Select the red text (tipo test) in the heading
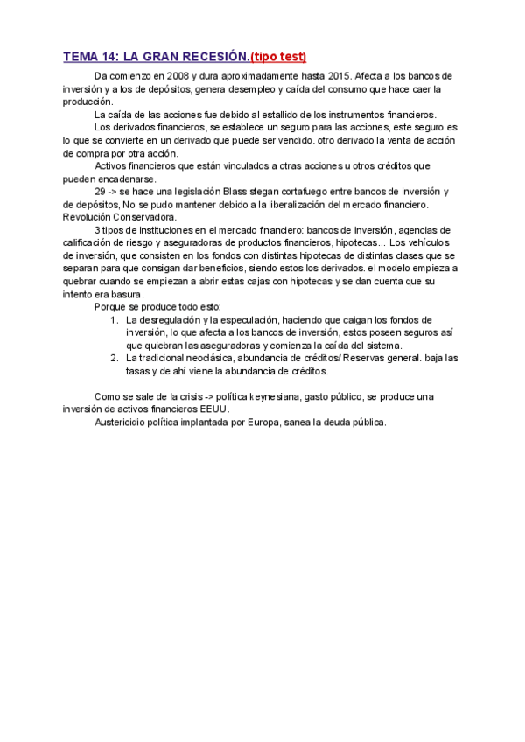click(278, 57)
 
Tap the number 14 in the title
click(108, 57)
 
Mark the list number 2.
click(114, 358)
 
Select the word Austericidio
click(122, 422)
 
